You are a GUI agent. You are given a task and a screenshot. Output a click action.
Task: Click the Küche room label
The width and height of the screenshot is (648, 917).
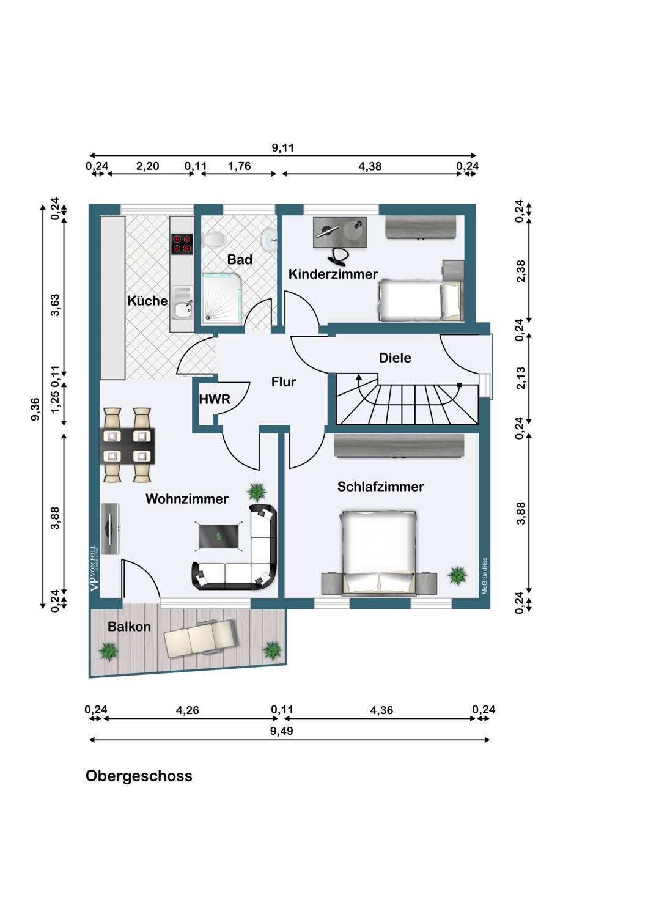(147, 301)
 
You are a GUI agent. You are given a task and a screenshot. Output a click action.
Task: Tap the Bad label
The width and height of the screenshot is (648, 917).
(240, 260)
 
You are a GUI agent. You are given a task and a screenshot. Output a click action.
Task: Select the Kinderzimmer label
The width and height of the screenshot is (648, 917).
(333, 274)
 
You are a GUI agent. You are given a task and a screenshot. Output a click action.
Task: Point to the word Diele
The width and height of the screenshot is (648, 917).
(395, 358)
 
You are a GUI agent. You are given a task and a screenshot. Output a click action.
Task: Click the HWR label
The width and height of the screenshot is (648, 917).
(215, 399)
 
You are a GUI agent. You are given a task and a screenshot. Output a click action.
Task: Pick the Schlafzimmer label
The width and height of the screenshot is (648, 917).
(380, 487)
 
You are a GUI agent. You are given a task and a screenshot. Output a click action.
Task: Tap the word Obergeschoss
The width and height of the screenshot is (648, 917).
(139, 776)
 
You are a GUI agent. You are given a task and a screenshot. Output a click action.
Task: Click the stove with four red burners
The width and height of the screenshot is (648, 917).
(182, 244)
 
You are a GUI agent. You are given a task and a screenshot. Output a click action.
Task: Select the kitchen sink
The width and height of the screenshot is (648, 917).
(182, 309)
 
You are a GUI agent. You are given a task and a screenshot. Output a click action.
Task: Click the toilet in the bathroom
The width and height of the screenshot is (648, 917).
(213, 239)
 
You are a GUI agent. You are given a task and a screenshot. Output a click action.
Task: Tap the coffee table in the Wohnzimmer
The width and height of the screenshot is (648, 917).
(218, 536)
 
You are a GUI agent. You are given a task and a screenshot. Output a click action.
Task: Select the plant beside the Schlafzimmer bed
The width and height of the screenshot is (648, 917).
(457, 575)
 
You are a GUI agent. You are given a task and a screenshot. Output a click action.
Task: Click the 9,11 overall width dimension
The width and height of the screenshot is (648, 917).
(283, 147)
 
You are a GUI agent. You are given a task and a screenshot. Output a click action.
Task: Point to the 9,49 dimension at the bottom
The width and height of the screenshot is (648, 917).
(282, 731)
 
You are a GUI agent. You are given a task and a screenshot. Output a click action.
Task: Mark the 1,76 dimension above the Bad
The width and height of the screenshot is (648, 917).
(239, 166)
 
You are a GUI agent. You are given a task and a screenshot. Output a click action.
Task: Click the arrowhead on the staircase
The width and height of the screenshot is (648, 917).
(359, 377)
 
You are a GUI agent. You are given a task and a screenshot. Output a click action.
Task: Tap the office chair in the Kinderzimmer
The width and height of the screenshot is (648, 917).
(338, 255)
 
